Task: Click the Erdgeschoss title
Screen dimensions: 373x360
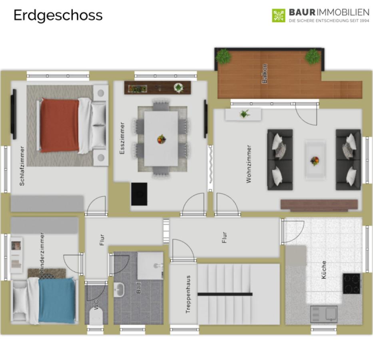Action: click(58, 16)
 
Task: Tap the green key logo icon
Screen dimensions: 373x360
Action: click(279, 16)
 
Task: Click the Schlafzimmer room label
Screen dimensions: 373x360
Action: click(22, 166)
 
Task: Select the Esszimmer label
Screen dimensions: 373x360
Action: click(122, 138)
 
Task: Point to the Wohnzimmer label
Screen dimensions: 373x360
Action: click(249, 164)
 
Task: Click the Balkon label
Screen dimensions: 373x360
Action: click(264, 74)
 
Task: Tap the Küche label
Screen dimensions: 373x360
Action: click(323, 270)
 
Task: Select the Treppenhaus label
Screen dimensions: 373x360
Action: click(188, 294)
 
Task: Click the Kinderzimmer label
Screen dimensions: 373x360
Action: click(42, 253)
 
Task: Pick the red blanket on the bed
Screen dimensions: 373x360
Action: click(60, 125)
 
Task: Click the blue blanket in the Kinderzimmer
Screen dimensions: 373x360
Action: click(57, 300)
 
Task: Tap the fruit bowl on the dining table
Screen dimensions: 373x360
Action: click(162, 139)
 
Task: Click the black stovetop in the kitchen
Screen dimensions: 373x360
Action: click(351, 283)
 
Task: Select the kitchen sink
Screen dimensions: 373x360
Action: click(324, 314)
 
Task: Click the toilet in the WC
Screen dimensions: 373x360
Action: click(96, 316)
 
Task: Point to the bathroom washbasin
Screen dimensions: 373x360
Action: click(119, 290)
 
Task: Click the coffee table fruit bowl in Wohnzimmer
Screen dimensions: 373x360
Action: click(315, 161)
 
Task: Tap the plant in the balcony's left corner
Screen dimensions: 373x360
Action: click(223, 56)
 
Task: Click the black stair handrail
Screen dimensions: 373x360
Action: click(225, 294)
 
